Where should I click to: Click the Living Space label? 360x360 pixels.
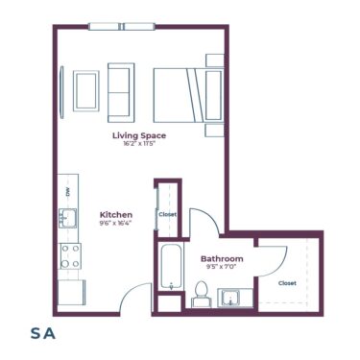[x=140, y=135]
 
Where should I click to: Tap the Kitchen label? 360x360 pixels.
[x=116, y=214]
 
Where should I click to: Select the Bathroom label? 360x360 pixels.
[x=222, y=259]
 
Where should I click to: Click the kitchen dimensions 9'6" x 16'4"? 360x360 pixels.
[x=116, y=223]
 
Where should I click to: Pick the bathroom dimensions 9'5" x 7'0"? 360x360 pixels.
[x=222, y=268]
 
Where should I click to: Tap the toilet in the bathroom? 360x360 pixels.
[x=201, y=292]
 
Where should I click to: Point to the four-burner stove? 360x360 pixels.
[x=70, y=254]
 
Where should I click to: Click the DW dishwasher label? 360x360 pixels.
[x=67, y=192]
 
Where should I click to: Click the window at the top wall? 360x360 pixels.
[x=119, y=26]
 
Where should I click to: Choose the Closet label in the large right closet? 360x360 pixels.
[x=287, y=283]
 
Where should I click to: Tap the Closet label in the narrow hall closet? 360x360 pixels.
[x=167, y=214]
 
